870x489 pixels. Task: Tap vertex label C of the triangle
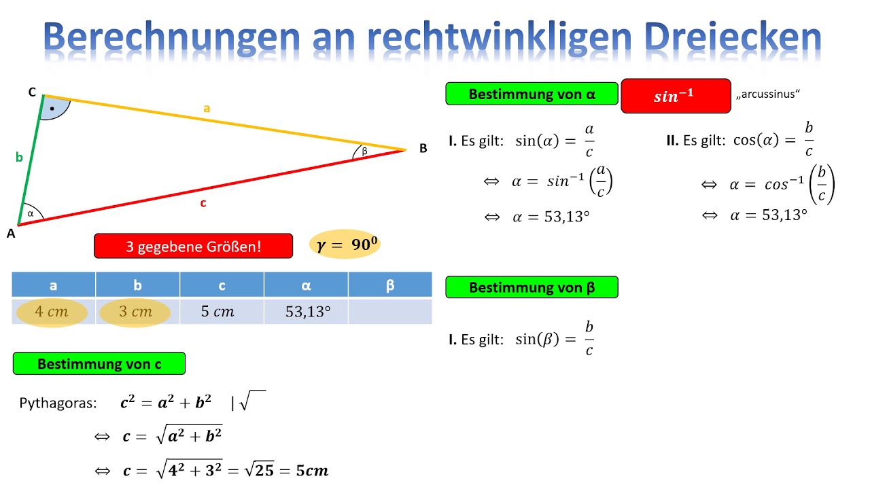click(32, 93)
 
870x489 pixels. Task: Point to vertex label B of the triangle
click(423, 148)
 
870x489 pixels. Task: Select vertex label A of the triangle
click(11, 233)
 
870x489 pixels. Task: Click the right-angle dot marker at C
click(52, 108)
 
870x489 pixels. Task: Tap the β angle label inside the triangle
click(364, 151)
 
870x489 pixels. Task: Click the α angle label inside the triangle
click(31, 213)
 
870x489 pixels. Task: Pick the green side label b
click(19, 158)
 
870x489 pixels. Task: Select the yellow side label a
click(207, 107)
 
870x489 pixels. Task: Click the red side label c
click(203, 202)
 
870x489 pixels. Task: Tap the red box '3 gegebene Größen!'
click(193, 246)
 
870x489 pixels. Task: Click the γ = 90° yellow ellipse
click(345, 244)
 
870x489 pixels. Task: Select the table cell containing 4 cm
click(53, 312)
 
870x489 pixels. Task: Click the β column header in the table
click(390, 285)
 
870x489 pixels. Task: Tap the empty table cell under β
click(390, 312)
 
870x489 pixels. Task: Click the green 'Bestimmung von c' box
click(99, 363)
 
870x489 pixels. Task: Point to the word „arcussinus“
click(768, 94)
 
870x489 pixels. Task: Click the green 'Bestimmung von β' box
click(532, 287)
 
